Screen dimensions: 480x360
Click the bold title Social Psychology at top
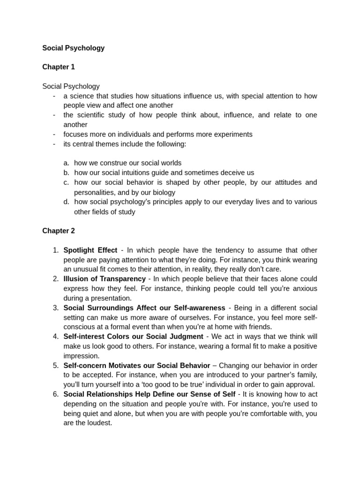[x=73, y=48]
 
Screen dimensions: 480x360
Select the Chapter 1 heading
[x=58, y=67]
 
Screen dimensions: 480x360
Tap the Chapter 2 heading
[x=58, y=231]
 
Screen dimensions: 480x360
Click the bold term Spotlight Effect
[x=90, y=250]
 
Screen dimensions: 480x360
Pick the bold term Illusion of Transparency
[x=105, y=279]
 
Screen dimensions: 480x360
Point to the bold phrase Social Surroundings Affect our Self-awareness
[x=144, y=308]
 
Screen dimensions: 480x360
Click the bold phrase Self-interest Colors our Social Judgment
[x=133, y=337]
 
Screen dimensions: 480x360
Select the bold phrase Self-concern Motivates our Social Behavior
[x=136, y=366]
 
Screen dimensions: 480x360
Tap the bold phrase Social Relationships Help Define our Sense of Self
[x=149, y=394]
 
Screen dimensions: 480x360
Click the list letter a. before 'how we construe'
[x=66, y=163]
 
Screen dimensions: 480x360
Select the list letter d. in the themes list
[x=66, y=202]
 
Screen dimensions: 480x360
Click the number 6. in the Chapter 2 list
[x=55, y=394]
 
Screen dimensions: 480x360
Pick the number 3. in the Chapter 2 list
[x=55, y=308]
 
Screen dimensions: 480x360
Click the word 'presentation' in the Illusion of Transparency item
[x=111, y=298]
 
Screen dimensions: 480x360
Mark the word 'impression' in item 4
[x=81, y=356]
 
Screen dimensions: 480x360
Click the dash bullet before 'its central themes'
[x=54, y=144]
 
